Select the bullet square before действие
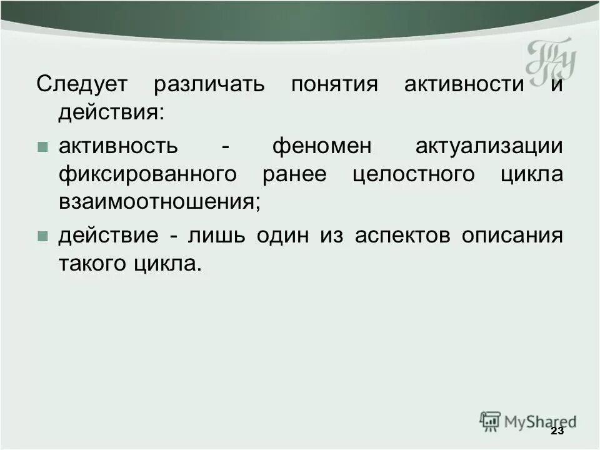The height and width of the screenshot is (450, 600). [x=42, y=237]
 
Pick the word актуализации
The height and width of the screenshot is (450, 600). [x=488, y=147]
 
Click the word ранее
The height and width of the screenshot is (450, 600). [x=294, y=174]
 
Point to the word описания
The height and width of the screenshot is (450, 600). [x=512, y=236]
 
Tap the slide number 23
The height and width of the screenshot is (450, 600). [x=557, y=432]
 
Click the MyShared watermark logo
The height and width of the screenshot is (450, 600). [x=528, y=421]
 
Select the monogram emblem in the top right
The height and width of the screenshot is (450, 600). [x=550, y=61]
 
